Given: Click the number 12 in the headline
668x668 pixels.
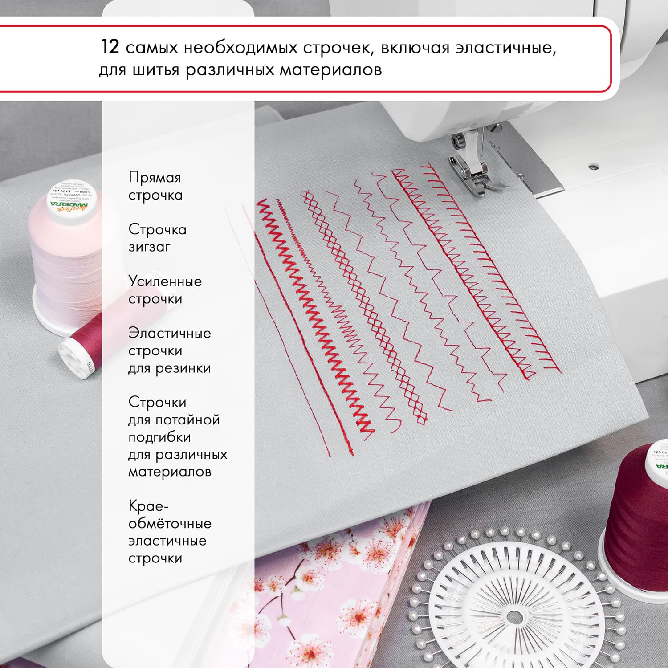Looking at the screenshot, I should coord(110,46).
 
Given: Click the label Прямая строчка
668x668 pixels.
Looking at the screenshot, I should coord(155,186).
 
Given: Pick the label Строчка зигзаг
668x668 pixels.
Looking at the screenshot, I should coord(157,238).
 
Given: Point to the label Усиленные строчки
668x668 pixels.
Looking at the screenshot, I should coord(165,290).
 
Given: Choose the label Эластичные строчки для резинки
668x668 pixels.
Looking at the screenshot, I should coord(169,350).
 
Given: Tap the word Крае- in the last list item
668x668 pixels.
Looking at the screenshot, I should coord(148,506).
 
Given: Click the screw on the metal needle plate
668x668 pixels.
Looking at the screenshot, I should coord(592,167).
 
